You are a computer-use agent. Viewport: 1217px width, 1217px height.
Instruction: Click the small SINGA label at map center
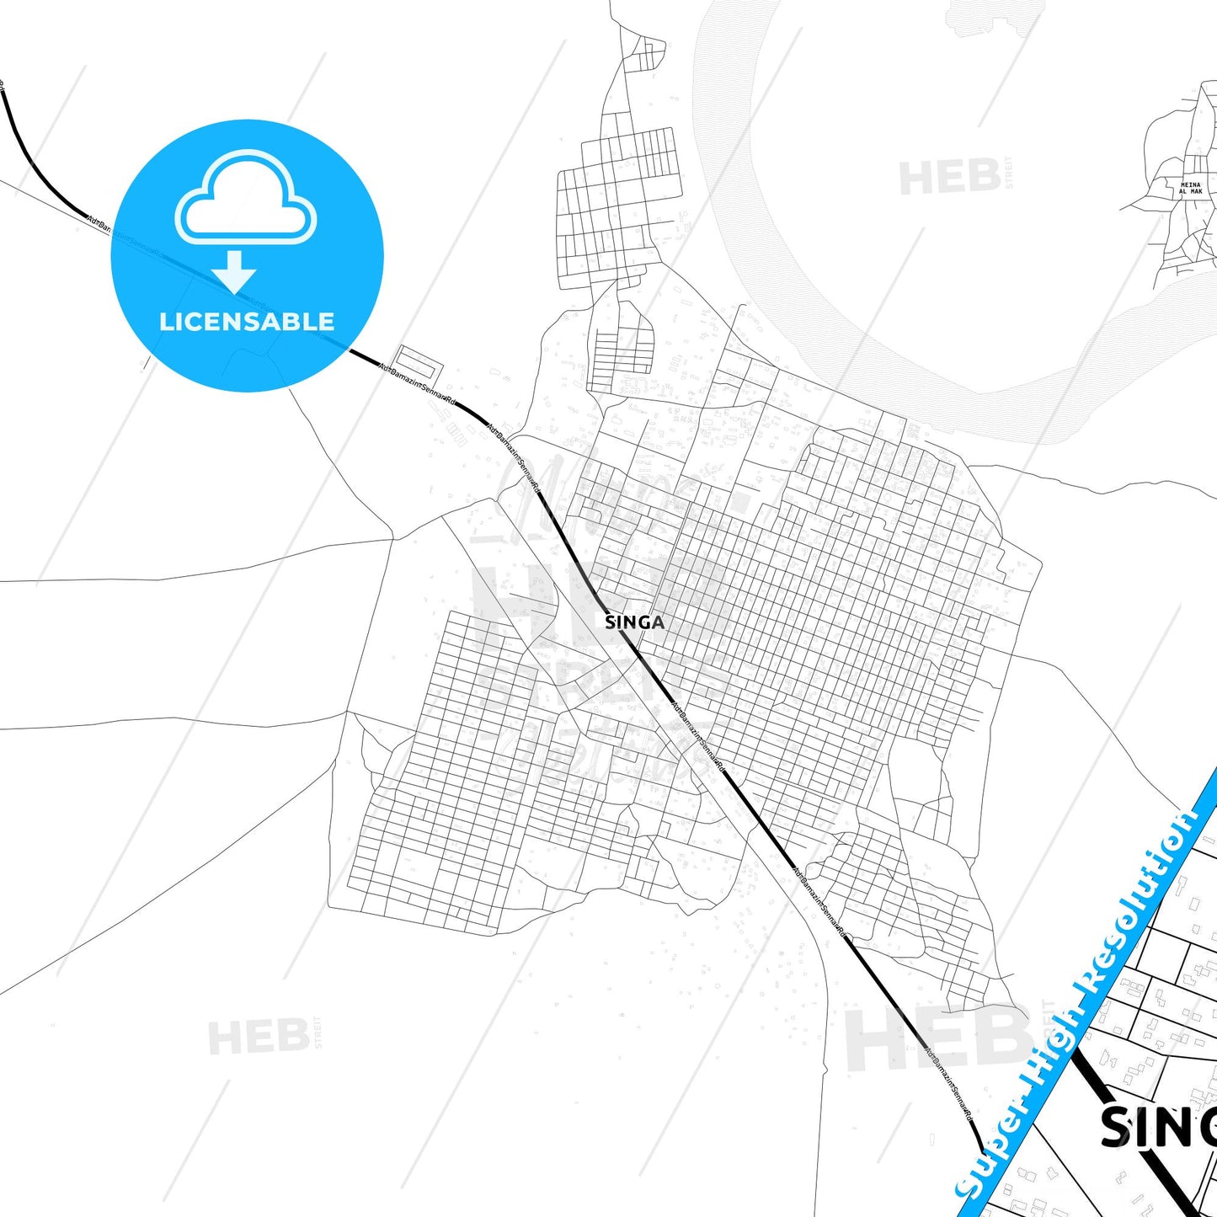[634, 622]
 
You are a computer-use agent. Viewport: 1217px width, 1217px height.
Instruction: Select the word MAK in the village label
[1196, 192]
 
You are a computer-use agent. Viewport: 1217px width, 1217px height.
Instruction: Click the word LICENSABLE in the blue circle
[247, 322]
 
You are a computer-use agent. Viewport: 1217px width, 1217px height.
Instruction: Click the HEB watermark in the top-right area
[949, 178]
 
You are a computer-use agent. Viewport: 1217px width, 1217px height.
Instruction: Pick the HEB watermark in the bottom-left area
[258, 1037]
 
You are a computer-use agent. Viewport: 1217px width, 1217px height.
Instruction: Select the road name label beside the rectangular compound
[417, 385]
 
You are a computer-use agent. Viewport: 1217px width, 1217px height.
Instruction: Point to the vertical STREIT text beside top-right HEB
[1009, 173]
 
